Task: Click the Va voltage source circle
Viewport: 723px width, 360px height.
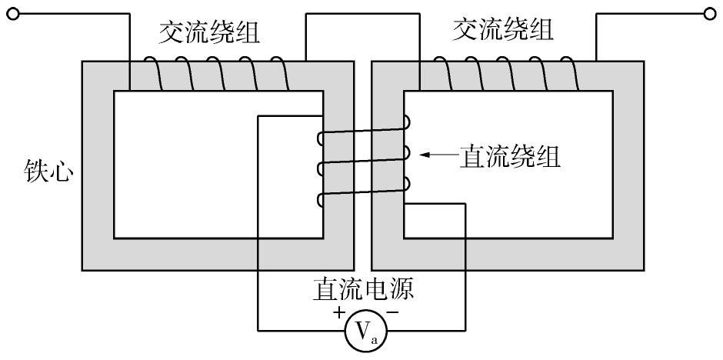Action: point(366,331)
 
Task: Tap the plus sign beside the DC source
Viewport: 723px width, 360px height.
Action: point(339,313)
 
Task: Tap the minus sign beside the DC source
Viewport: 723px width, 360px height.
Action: point(392,313)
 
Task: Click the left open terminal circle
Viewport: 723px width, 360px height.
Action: point(14,15)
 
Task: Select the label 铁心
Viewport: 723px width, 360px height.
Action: point(49,171)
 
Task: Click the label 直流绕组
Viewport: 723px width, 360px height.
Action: point(509,157)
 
